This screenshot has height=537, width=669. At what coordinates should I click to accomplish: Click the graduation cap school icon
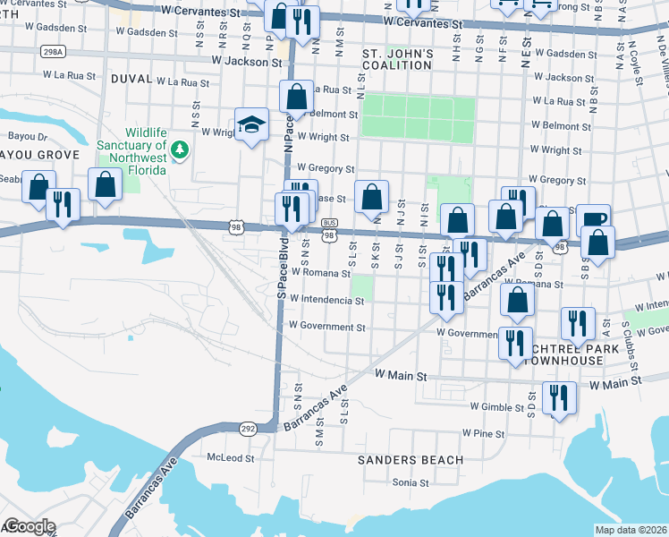(252, 126)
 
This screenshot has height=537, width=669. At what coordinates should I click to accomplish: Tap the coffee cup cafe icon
(592, 220)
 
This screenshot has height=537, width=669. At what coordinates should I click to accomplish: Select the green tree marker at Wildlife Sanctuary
(180, 149)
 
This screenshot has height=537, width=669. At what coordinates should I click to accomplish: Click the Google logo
(29, 526)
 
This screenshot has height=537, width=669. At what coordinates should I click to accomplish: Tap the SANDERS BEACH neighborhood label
(411, 460)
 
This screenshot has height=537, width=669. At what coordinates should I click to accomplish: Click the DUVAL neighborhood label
(131, 79)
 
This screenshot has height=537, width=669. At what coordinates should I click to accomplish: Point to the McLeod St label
(231, 457)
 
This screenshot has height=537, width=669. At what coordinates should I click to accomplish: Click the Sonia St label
(411, 482)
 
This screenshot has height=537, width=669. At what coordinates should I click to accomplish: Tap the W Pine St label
(483, 433)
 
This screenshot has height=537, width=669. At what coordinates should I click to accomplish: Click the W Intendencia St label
(326, 302)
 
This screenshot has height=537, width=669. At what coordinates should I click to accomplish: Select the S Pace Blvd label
(281, 268)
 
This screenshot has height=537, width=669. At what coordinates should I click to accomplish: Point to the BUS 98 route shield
(329, 229)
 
